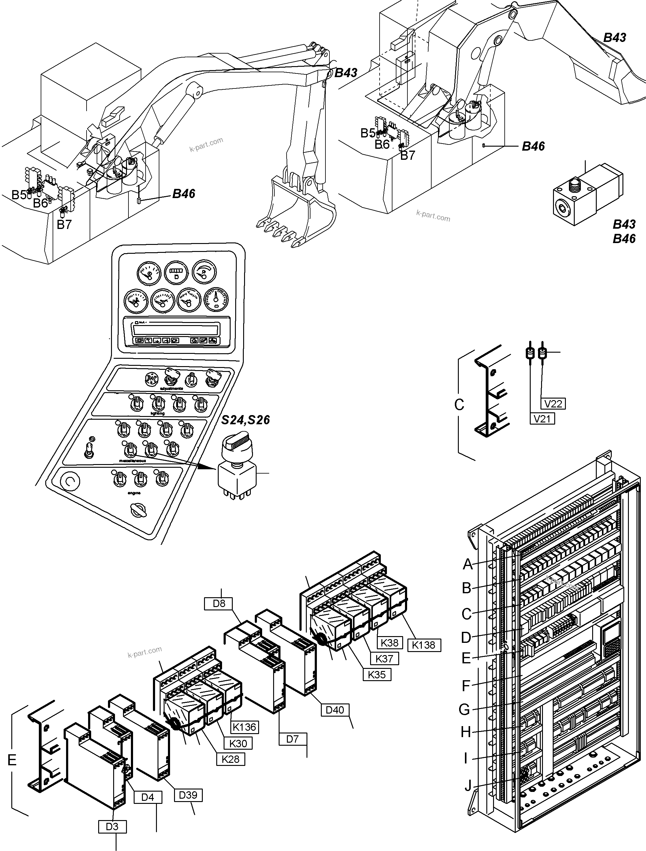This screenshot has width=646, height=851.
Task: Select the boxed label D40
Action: tap(335, 710)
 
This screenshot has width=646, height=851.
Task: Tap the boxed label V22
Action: tap(553, 403)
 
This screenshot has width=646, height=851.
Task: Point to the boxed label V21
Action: tap(542, 418)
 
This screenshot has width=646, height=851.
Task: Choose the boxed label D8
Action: tap(219, 603)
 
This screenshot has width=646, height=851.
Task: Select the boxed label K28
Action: tap(230, 759)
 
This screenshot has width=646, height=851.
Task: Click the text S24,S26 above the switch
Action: tap(245, 420)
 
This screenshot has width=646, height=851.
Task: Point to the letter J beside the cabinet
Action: tap(468, 785)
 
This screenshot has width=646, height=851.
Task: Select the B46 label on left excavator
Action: tap(184, 193)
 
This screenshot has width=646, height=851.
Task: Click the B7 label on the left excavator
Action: tap(64, 224)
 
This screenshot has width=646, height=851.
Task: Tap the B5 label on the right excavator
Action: tap(368, 133)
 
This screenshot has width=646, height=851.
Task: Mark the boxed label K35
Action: tap(377, 674)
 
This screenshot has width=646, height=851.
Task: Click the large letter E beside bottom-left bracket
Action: tap(12, 760)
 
